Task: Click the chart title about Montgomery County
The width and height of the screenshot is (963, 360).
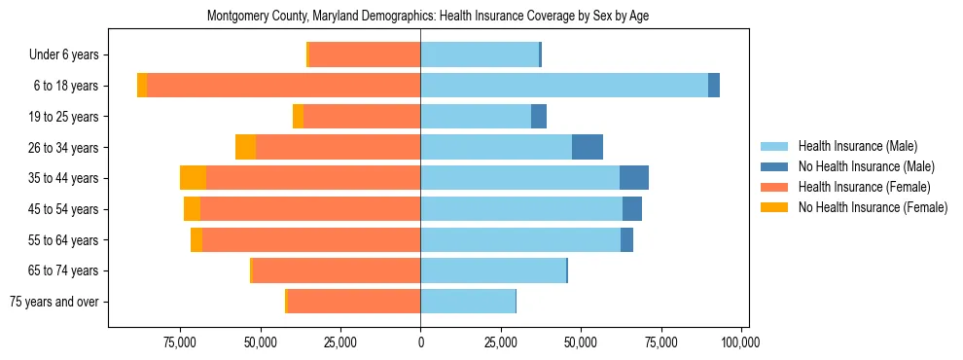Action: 427,17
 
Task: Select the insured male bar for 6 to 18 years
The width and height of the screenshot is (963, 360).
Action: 564,86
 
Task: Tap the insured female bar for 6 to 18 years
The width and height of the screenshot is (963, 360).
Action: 283,86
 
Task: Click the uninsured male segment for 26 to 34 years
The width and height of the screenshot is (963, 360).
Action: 588,147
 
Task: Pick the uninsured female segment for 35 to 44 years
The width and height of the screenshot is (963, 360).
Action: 193,178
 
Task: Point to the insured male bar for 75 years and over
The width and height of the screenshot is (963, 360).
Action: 468,302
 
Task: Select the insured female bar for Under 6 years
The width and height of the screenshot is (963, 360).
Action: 365,54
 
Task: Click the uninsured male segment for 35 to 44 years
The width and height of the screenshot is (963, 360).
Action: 634,178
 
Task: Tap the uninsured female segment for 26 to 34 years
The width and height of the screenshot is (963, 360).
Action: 245,147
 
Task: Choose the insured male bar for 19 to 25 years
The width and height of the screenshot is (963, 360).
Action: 476,117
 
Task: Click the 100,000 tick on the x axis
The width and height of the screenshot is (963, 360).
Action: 741,342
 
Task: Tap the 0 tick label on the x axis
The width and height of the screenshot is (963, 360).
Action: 420,342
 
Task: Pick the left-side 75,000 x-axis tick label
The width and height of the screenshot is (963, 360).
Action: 181,342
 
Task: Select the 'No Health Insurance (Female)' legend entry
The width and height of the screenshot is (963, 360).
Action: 873,207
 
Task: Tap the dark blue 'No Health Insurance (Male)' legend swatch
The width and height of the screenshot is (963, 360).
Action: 774,166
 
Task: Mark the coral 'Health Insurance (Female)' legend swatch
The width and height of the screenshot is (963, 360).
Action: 774,187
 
